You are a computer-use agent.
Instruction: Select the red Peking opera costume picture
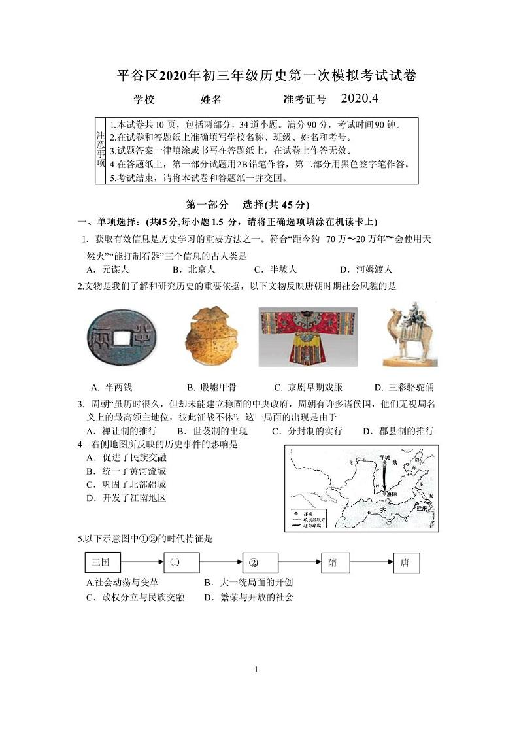[x=307, y=337]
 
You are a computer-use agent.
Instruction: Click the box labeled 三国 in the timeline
[x=103, y=562]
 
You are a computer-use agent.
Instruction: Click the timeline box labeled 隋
[x=333, y=562]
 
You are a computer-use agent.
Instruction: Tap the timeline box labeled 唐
[x=406, y=562]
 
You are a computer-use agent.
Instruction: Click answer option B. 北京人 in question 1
[x=193, y=269]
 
